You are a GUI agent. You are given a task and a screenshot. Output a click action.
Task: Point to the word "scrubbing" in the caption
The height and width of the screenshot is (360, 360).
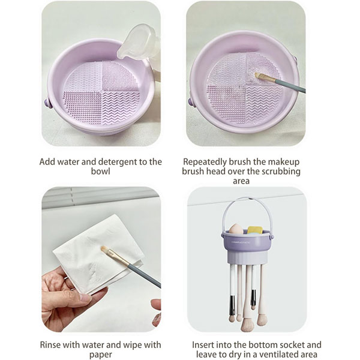(x=281, y=172)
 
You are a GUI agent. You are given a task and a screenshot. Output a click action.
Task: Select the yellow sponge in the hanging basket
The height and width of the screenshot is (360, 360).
(x=255, y=230)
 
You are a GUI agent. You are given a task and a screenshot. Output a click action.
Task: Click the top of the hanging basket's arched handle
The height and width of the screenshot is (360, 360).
(x=247, y=198)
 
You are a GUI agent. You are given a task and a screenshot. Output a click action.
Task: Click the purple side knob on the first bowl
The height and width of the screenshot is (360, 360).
(x=47, y=103)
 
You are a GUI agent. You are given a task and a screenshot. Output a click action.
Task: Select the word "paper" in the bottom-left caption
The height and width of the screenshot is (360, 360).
(x=101, y=354)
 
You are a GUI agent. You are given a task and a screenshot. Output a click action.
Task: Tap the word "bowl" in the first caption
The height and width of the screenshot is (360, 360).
(x=101, y=172)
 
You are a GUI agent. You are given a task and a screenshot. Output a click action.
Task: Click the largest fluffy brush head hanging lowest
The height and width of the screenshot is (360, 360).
(x=247, y=325)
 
